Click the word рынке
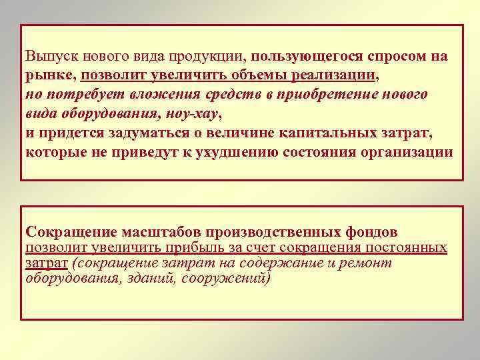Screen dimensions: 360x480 50,76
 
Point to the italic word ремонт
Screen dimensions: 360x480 369,263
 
